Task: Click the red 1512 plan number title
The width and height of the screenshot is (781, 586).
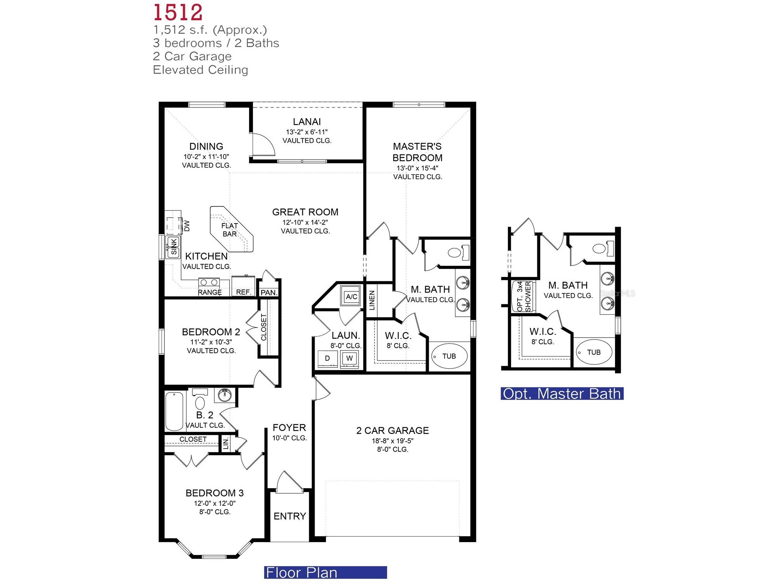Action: [x=178, y=12]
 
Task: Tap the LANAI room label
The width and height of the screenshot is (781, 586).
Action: [x=307, y=122]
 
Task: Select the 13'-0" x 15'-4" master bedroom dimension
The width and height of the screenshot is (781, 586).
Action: [x=417, y=168]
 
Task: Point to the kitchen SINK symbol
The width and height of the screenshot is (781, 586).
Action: [x=173, y=247]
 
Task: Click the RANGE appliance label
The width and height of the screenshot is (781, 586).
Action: [x=210, y=292]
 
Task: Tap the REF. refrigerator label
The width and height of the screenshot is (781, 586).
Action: [x=243, y=292]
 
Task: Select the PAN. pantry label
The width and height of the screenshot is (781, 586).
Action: [x=268, y=293]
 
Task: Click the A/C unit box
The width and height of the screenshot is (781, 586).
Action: [x=351, y=297]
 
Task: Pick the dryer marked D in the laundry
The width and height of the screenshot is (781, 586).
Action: [x=327, y=359]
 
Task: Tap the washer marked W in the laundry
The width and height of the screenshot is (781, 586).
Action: [x=349, y=359]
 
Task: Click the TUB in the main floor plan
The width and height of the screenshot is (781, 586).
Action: [x=449, y=356]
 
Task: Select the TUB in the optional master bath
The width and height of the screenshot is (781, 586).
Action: [x=593, y=352]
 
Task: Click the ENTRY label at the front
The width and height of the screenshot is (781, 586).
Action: [x=289, y=516]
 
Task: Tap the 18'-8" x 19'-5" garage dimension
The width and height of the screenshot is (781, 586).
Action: [x=392, y=441]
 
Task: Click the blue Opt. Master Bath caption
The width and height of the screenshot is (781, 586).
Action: [x=561, y=394]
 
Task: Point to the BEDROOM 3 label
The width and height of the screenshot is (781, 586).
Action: [x=214, y=493]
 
